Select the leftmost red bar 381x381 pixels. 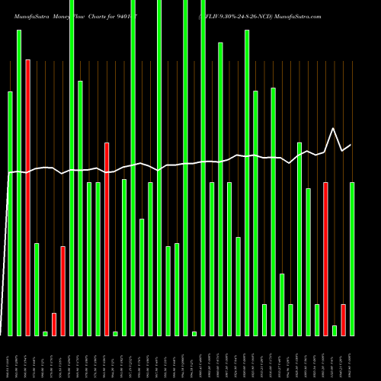tap(28, 197)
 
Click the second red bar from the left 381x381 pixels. tap(54, 324)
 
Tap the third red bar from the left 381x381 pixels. tap(63, 290)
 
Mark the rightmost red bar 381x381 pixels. tap(343, 319)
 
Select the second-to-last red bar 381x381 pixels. tap(325, 258)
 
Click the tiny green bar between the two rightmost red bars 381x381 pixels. tap(335, 330)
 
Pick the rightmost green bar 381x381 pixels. tap(352, 258)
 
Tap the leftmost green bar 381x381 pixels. tap(11, 213)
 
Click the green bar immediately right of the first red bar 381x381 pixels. tap(37, 289)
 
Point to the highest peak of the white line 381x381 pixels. tap(333, 128)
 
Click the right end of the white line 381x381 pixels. tap(351, 145)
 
